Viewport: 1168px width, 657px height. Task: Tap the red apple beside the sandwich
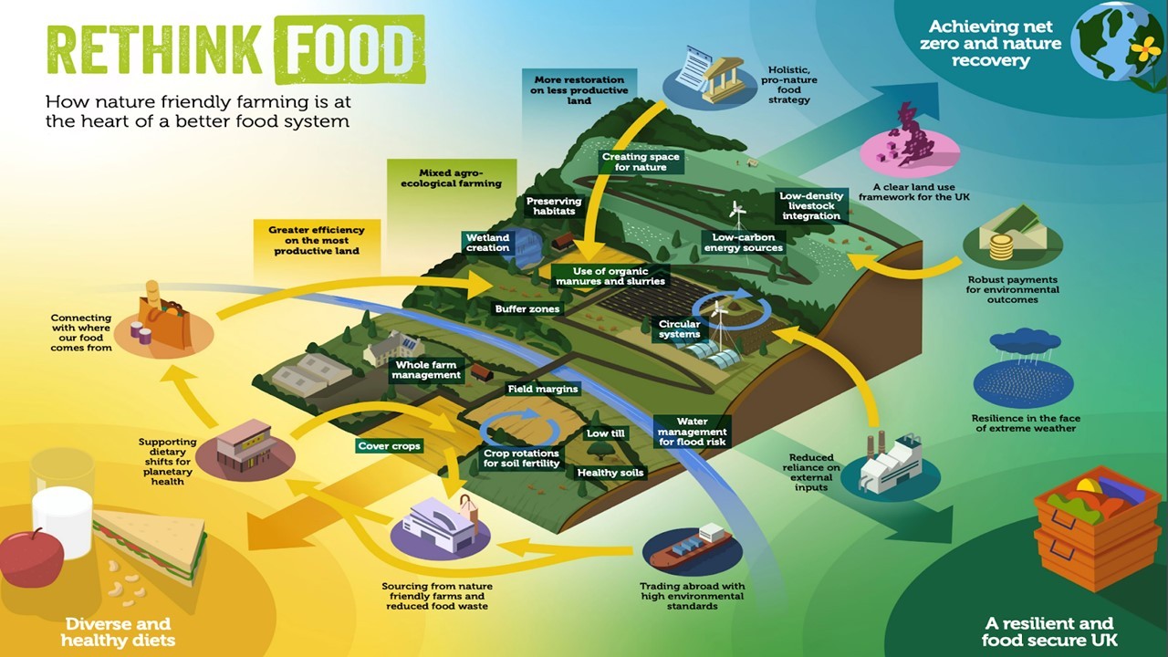pos(31,558)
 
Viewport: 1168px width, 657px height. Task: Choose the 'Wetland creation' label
pos(487,243)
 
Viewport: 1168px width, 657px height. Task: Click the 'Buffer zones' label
pos(527,308)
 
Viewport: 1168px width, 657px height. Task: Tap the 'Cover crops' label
pos(389,446)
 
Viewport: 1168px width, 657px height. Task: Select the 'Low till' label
pos(605,433)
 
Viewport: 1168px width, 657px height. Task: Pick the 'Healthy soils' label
pos(610,473)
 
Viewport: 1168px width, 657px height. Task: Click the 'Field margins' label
pos(543,389)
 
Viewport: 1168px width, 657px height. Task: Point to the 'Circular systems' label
pos(679,329)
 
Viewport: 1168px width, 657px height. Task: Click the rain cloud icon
pos(1025,341)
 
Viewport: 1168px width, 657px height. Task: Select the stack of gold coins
pos(1001,246)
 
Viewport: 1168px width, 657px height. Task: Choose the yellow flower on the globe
pos(1145,49)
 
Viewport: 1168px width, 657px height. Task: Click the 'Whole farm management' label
pos(426,370)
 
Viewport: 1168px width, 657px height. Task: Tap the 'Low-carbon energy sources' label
pos(743,243)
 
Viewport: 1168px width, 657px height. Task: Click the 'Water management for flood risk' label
pos(692,432)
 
